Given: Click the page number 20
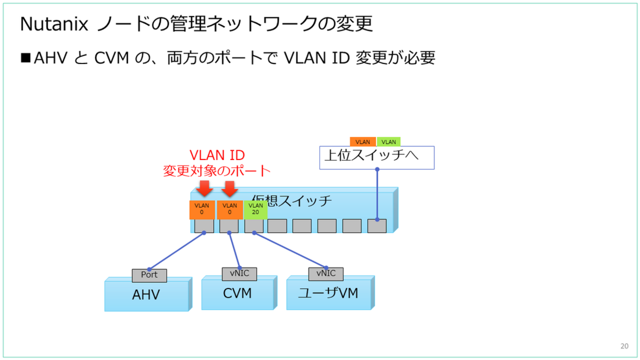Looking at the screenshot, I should tap(624, 346).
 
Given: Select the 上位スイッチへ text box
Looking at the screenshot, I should tap(377, 157).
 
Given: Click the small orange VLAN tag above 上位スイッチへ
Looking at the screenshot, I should tap(363, 142).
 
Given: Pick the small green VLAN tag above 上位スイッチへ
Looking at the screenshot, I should tap(388, 142).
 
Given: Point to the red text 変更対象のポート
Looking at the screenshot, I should tap(217, 171).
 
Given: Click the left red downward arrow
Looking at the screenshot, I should tap(204, 189).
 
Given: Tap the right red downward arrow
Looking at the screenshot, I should tap(229, 189).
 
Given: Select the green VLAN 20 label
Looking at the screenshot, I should tap(256, 209).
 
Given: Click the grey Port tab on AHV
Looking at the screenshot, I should tap(149, 275).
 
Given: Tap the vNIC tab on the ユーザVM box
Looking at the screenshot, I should tap(326, 273).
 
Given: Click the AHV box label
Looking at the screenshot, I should tap(146, 295).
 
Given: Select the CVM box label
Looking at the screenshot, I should tap(237, 294).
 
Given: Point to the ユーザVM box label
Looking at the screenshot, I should tap(328, 294).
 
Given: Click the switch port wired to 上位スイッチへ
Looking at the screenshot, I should tap(377, 226).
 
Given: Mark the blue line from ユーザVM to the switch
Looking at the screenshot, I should tap(290, 249).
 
